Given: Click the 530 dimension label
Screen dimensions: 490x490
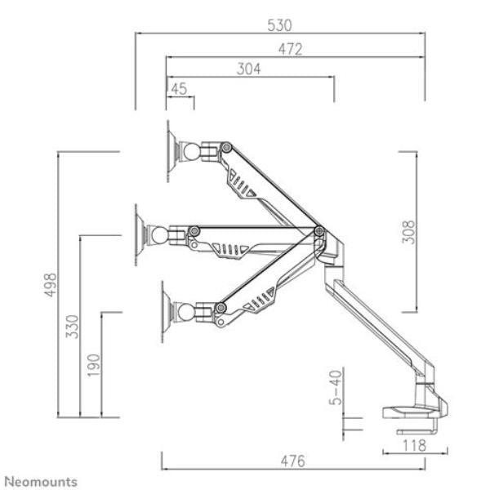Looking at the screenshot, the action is pyautogui.click(x=279, y=25).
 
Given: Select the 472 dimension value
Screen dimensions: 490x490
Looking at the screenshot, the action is pyautogui.click(x=290, y=49).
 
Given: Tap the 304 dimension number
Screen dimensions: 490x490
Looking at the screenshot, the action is pyautogui.click(x=248, y=69).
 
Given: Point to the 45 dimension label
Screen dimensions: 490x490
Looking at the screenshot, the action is pyautogui.click(x=179, y=89).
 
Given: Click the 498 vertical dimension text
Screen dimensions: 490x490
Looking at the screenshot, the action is pyautogui.click(x=51, y=285).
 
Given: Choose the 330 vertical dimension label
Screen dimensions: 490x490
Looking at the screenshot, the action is pyautogui.click(x=72, y=327).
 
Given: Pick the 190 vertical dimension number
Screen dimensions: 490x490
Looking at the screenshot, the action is pyautogui.click(x=93, y=365).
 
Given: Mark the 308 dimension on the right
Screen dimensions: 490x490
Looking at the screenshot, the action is pyautogui.click(x=408, y=232).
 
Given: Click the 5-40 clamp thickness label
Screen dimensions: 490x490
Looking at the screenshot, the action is pyautogui.click(x=336, y=387).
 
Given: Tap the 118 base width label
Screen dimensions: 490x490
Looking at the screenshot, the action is pyautogui.click(x=414, y=445).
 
